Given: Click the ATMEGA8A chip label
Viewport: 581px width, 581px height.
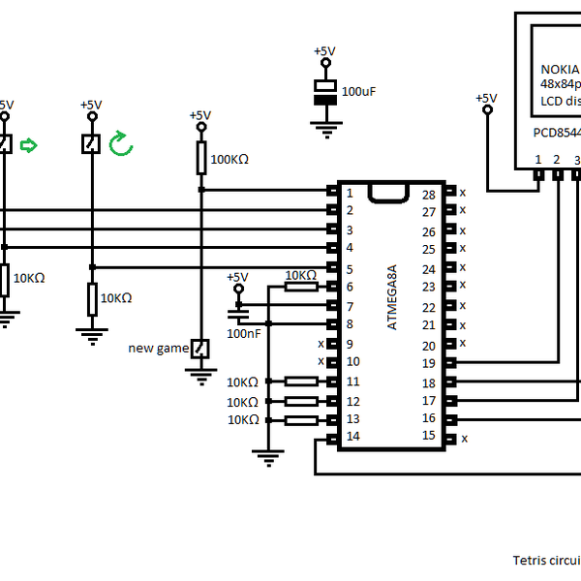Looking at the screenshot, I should [x=392, y=296].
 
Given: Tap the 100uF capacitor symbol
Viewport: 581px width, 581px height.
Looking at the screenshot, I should [x=325, y=93].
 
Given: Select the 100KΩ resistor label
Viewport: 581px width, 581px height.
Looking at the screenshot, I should [x=229, y=159].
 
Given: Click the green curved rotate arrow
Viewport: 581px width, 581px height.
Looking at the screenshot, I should [x=120, y=144].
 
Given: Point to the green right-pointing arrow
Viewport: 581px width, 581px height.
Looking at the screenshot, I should [x=29, y=145].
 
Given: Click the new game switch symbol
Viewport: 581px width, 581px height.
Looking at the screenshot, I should [x=199, y=348].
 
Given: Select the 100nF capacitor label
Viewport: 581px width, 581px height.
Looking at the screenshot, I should [x=242, y=332].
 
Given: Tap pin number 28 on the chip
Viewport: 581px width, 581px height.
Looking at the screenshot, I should [x=428, y=196].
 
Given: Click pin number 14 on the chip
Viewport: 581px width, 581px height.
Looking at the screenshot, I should [x=353, y=438].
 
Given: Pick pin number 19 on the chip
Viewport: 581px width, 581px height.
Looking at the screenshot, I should [x=428, y=363].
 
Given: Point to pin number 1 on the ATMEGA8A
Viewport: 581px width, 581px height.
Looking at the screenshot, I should [x=350, y=193].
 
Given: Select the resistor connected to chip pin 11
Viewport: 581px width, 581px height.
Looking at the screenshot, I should [x=302, y=382].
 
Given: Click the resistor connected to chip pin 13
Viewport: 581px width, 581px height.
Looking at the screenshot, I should [x=302, y=419].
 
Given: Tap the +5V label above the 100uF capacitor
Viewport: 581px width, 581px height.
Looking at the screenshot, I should [x=324, y=51].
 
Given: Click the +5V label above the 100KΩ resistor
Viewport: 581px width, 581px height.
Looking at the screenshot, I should [x=199, y=115].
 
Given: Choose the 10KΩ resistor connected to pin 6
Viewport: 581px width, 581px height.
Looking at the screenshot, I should [x=301, y=287].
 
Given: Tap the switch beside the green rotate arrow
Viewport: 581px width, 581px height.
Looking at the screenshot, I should [x=90, y=143].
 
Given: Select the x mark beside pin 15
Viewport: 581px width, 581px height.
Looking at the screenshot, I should [x=464, y=438].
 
